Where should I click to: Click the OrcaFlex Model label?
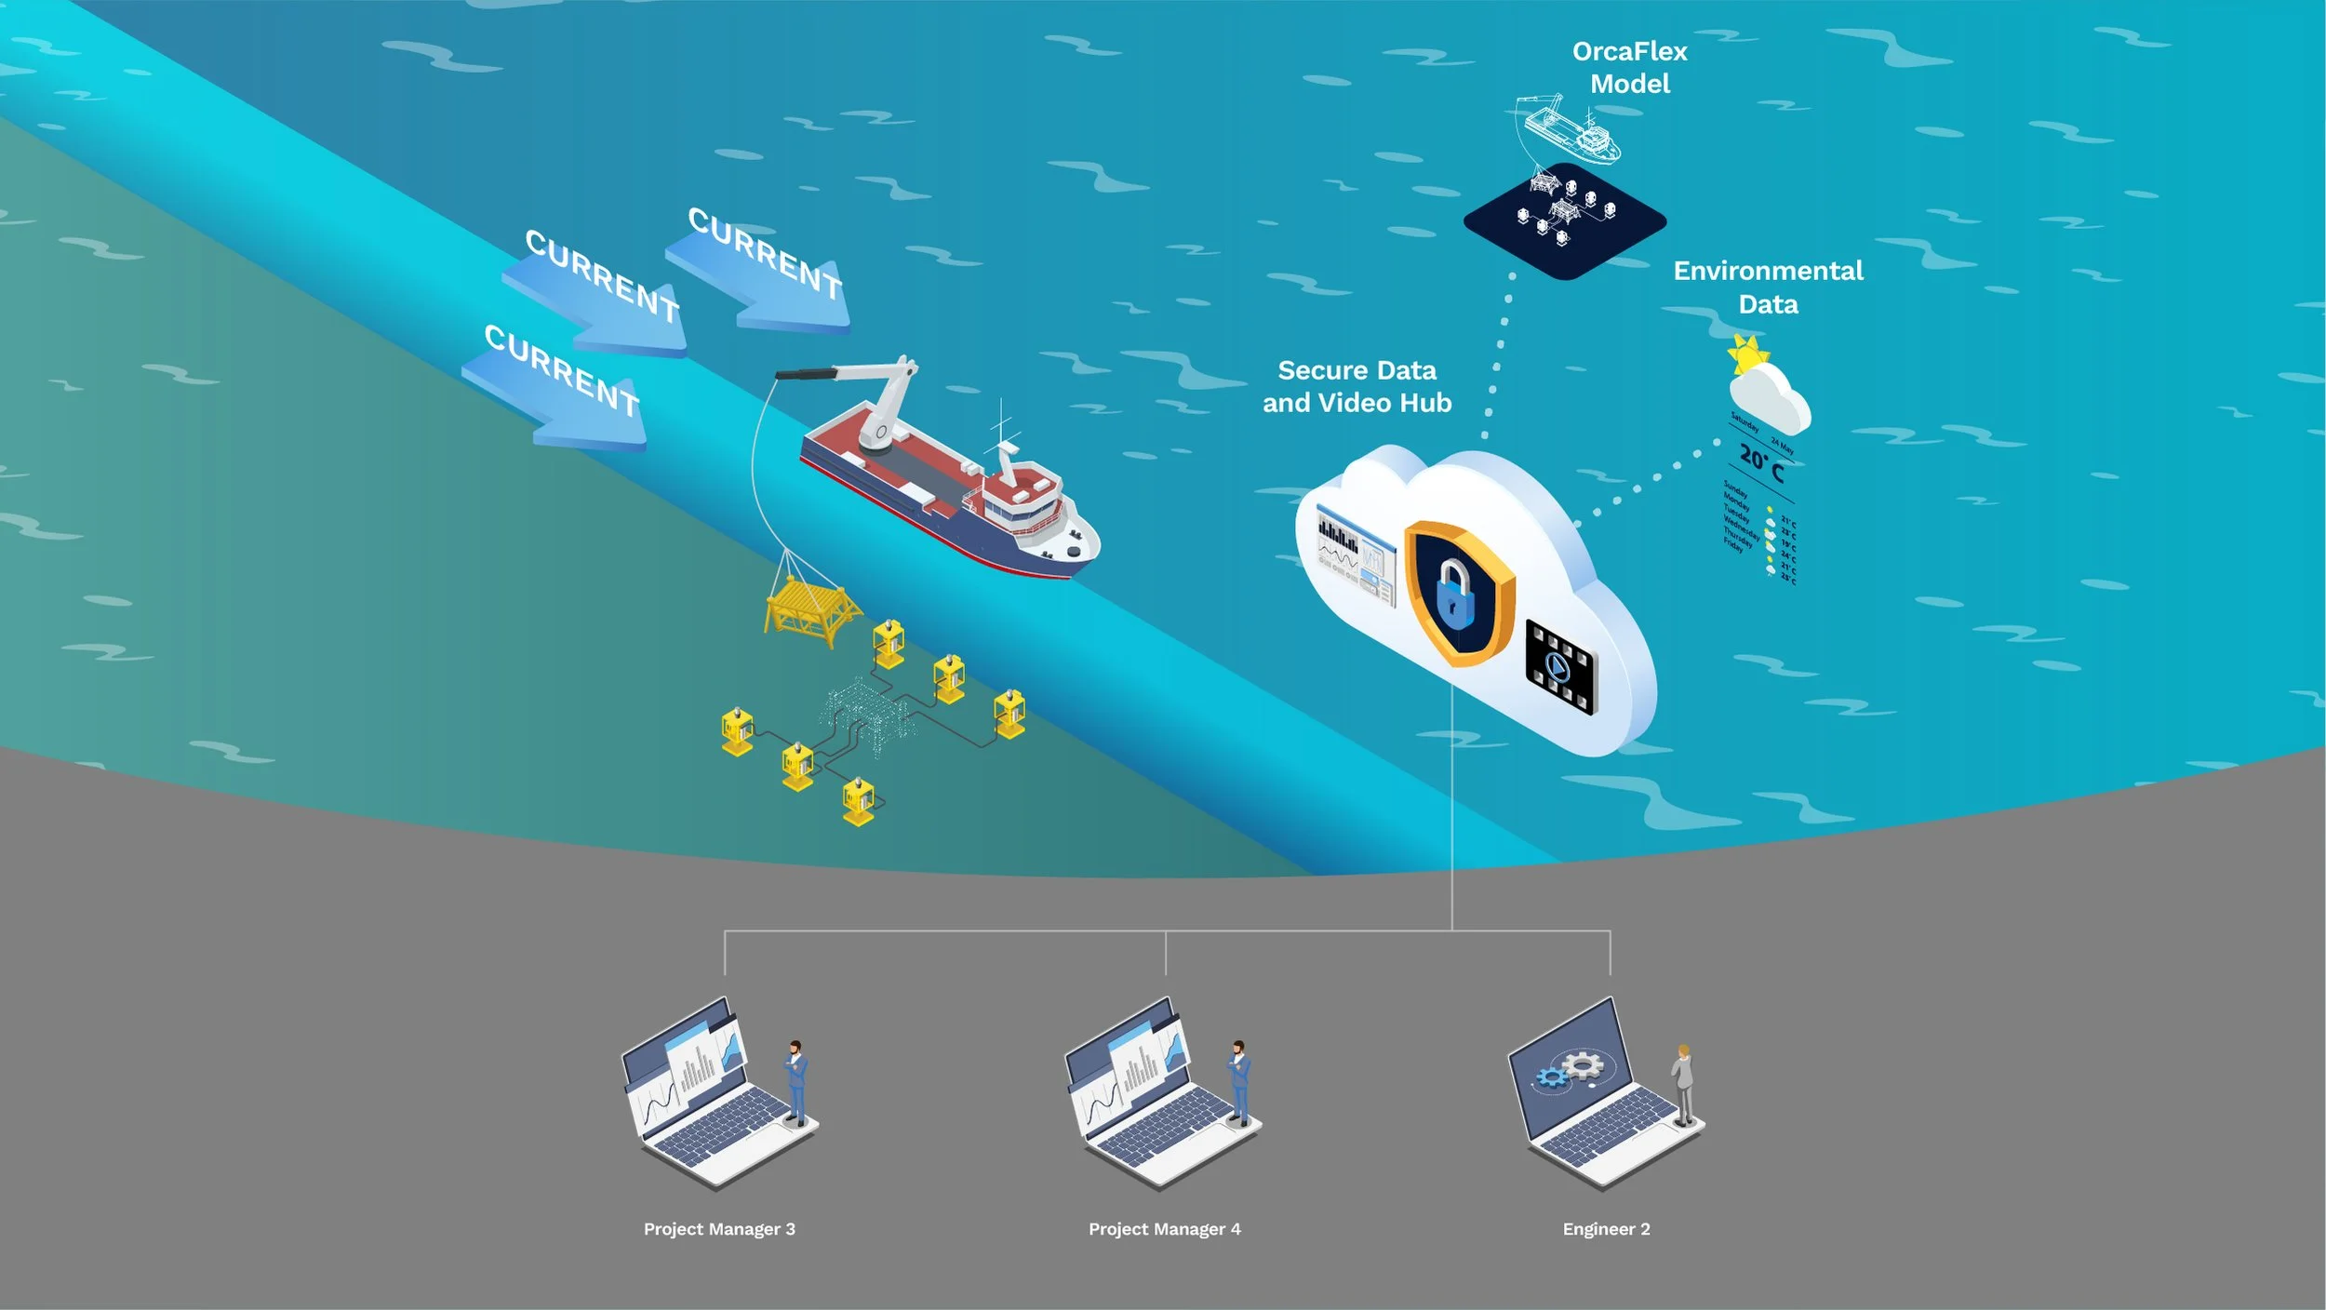(1629, 67)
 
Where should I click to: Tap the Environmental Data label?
(1768, 287)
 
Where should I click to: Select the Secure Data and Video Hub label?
(1357, 386)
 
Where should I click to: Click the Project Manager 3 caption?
(719, 1229)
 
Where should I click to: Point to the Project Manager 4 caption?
(1164, 1229)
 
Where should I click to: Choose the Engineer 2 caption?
(1606, 1229)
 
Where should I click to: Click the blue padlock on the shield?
(1454, 594)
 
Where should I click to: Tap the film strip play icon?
(1560, 667)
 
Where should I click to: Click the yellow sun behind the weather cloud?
(1746, 354)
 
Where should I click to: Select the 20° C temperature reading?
(1761, 462)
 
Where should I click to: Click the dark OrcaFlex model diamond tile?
(1564, 221)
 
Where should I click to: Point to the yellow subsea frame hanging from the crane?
(809, 609)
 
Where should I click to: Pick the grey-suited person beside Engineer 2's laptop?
(1683, 1083)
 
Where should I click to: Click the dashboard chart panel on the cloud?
(1355, 555)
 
